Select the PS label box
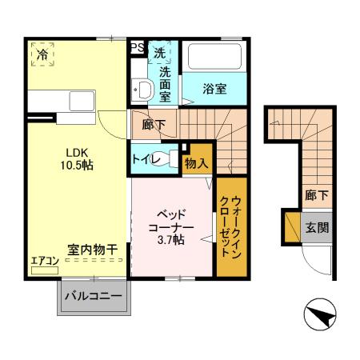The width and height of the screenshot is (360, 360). (x=138, y=48)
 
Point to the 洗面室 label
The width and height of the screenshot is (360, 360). (x=165, y=84)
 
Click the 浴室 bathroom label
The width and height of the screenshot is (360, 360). (x=213, y=89)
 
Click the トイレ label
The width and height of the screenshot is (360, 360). (x=146, y=160)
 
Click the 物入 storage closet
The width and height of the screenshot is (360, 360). (x=197, y=163)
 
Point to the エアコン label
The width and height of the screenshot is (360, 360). (x=45, y=261)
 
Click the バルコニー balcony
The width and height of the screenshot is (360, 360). (x=93, y=297)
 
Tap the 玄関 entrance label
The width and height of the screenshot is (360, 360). (x=317, y=226)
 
